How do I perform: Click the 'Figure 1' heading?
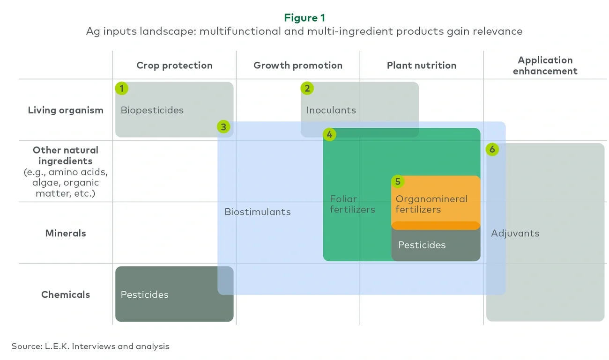[x=304, y=18]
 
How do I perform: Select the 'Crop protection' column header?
[x=174, y=66]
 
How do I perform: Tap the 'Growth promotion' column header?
[x=298, y=66]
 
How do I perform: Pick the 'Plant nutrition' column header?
[x=421, y=66]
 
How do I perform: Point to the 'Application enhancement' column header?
[x=545, y=66]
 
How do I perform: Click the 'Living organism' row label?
[x=66, y=110]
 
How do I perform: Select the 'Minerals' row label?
[x=66, y=233]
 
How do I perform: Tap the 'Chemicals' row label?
[x=66, y=294]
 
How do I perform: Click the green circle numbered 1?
[x=122, y=88]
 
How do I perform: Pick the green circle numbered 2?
[x=307, y=88]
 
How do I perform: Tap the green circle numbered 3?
[x=223, y=127]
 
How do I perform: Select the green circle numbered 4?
[x=329, y=135]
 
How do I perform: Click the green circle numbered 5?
[x=398, y=181]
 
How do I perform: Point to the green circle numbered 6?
[x=492, y=149]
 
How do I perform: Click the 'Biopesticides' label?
[x=152, y=110]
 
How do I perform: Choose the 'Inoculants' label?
[x=331, y=110]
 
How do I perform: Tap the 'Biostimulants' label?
[x=257, y=212]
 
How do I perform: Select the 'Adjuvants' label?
[x=515, y=233]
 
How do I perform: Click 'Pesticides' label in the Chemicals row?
[x=144, y=294]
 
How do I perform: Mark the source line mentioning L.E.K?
[x=90, y=346]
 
